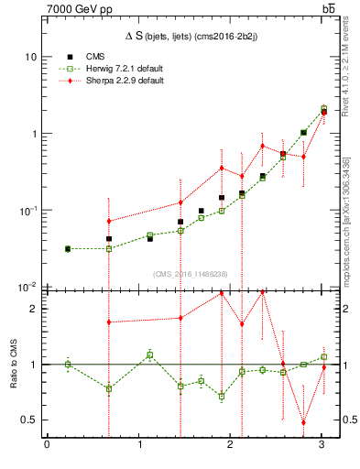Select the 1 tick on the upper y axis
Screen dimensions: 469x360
coord(33,134)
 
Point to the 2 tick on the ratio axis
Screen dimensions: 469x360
coord(33,309)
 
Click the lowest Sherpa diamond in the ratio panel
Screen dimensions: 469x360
coord(303,422)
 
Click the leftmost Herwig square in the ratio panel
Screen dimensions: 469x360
coord(68,365)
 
